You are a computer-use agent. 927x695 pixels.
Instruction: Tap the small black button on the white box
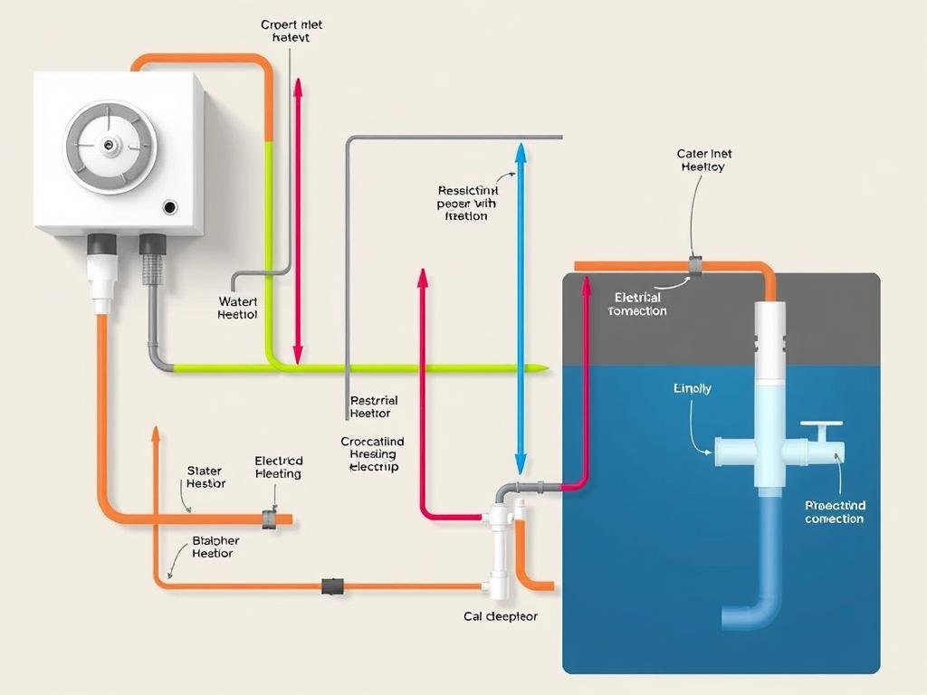pos(170,207)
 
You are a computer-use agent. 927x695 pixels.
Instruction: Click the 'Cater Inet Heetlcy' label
pos(702,160)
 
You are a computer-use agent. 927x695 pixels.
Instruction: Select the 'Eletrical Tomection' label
pos(638,304)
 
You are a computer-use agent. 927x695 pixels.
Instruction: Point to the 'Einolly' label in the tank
pos(693,388)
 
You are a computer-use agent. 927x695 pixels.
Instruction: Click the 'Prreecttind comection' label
pos(835,512)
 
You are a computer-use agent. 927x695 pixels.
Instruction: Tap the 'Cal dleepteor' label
pos(501,616)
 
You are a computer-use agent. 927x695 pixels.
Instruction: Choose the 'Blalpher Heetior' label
pos(216,547)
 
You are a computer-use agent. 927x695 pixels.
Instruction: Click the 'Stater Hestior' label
pos(206,477)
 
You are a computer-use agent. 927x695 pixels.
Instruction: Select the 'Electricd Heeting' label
pos(279,467)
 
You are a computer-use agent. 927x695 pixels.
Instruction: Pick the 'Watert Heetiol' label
pos(238,308)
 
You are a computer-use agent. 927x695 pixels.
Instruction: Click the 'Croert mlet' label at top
pos(291,32)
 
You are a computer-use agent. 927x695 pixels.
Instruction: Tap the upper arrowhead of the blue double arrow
pos(521,151)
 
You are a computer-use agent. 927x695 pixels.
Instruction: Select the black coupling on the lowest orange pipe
pos(332,586)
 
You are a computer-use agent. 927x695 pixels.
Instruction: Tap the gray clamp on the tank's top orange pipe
pos(695,265)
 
